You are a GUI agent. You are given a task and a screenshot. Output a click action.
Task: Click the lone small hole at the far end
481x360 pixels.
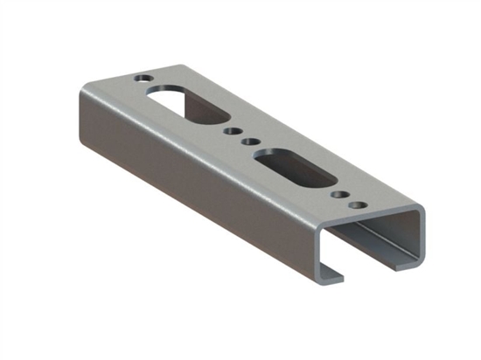click(x=141, y=78)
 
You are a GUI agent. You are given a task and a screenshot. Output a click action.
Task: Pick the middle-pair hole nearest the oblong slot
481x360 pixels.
click(x=250, y=140)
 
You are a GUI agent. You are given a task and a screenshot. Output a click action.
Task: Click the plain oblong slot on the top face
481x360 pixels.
click(x=294, y=166)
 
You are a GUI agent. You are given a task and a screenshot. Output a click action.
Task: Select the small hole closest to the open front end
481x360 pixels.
click(x=356, y=204)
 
